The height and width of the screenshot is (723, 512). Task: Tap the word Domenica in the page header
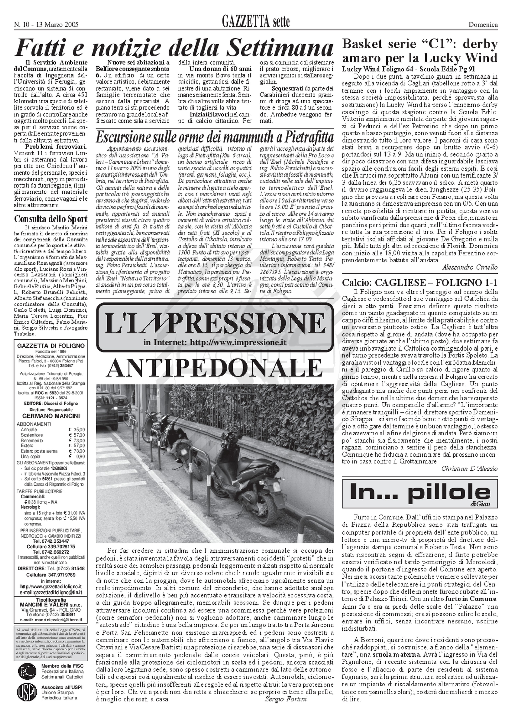click(483, 25)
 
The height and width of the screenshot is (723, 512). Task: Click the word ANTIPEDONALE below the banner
click(215, 366)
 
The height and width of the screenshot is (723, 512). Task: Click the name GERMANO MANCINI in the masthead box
click(51, 416)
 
